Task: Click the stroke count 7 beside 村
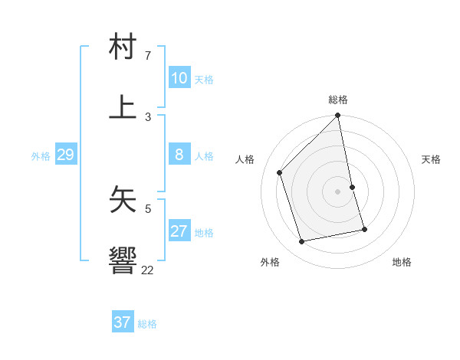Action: [x=148, y=56]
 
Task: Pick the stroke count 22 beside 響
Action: [x=147, y=270]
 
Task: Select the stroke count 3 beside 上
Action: [x=148, y=117]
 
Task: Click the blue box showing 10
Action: [x=179, y=78]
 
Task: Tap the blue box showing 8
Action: [x=179, y=155]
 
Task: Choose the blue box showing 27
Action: [x=179, y=231]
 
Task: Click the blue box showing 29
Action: [x=65, y=155]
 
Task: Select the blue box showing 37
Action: [x=123, y=322]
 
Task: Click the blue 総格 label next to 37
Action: [x=147, y=324]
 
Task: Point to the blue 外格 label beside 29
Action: [x=41, y=156]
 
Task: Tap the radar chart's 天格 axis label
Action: [x=431, y=159]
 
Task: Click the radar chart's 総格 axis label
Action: [x=338, y=100]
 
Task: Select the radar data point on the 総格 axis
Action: [x=338, y=116]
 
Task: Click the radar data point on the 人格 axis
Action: [x=280, y=172]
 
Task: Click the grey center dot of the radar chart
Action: [x=338, y=191]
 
